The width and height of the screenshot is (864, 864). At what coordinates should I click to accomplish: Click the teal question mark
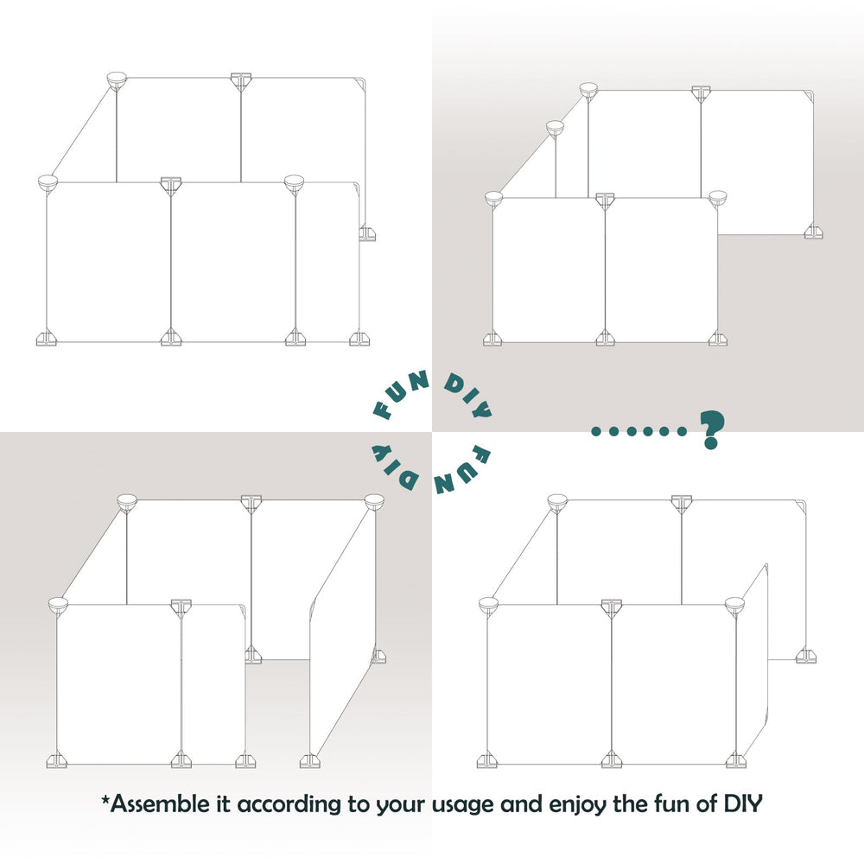[x=711, y=429]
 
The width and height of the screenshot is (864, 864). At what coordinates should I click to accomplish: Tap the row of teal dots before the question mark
[x=640, y=430]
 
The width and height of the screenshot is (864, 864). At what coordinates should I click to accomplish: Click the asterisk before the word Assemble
[x=105, y=800]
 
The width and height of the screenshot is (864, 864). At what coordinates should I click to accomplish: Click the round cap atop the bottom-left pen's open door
[x=374, y=501]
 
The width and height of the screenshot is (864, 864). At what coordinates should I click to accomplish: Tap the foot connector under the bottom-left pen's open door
[x=308, y=761]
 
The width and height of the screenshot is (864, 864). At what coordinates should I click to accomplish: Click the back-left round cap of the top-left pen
[x=116, y=80]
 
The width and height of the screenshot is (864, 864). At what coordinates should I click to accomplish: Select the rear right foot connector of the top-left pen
[x=368, y=233]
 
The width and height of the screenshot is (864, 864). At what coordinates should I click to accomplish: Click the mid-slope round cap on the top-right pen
[x=555, y=128]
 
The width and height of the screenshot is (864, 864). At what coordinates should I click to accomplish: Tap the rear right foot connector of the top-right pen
[x=813, y=232]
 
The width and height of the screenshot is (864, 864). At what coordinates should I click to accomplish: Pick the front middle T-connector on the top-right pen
[x=605, y=200]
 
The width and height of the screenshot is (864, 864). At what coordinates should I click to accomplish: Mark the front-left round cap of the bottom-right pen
[x=488, y=605]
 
